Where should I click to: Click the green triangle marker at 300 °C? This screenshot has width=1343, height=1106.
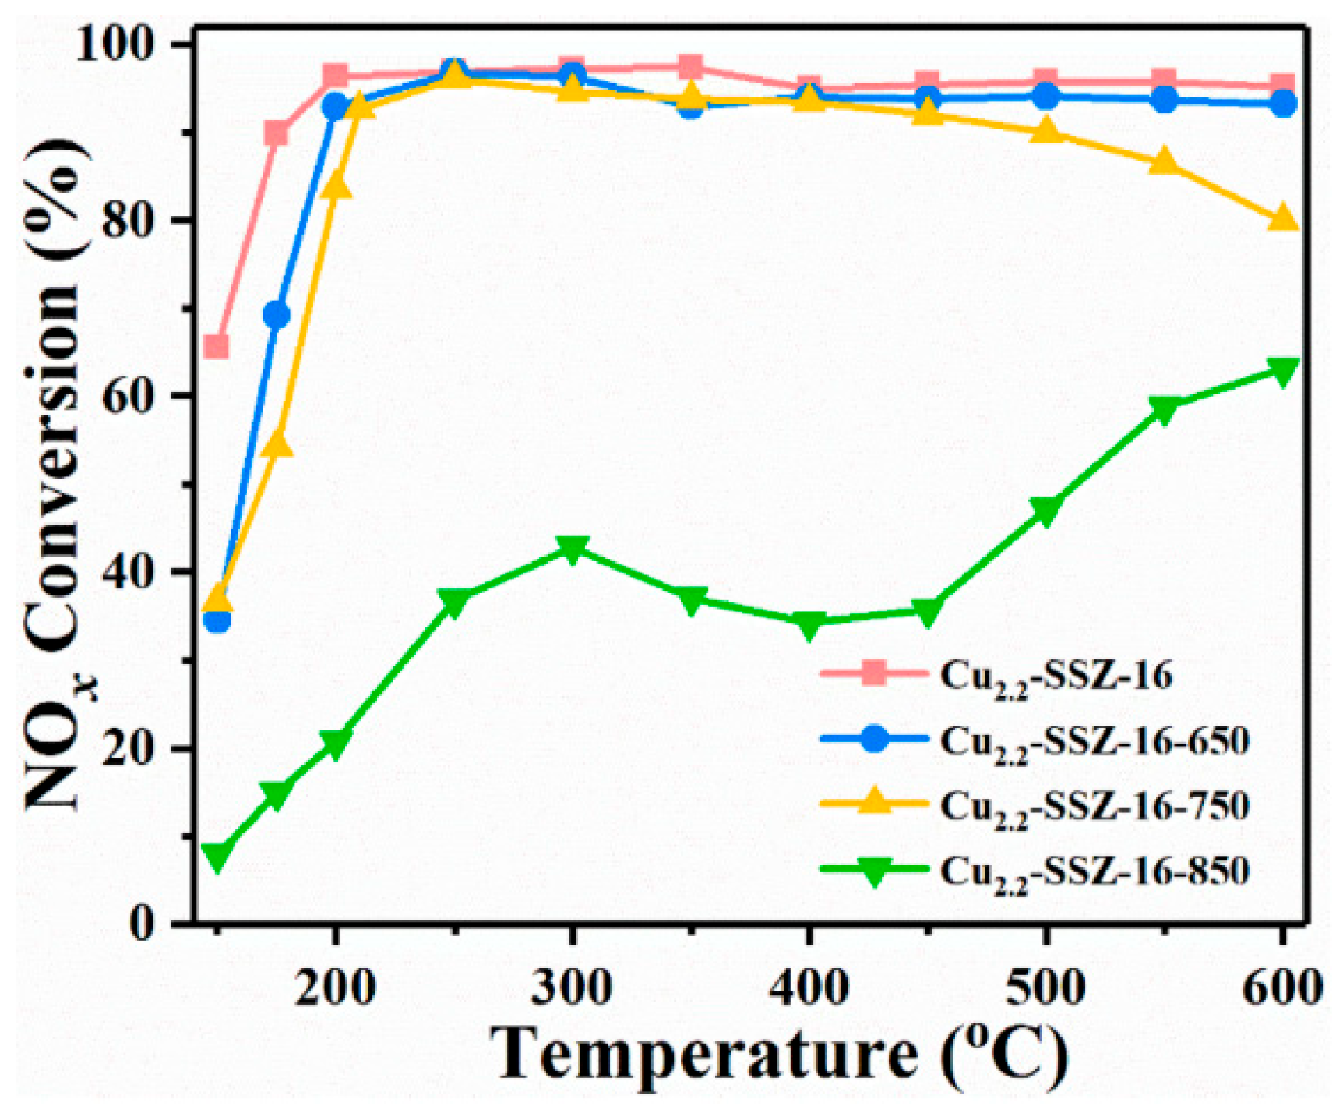point(572,549)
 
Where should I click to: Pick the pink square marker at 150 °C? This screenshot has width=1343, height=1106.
point(217,346)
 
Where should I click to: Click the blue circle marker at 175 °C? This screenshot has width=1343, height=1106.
point(277,316)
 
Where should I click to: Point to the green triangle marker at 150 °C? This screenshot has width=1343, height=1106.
point(217,857)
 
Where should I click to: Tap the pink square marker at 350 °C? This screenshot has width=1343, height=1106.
point(690,67)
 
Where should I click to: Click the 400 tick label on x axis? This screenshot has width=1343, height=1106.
point(809,988)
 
